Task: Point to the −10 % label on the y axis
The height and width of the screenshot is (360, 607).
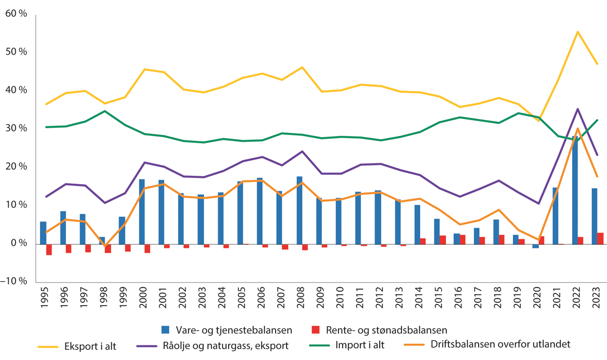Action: [16, 282]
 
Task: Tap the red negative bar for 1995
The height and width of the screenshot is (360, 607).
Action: [49, 249]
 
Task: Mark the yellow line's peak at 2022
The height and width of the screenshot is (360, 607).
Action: [577, 32]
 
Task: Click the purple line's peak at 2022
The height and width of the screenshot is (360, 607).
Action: [577, 109]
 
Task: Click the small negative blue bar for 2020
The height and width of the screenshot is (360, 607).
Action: [535, 246]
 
